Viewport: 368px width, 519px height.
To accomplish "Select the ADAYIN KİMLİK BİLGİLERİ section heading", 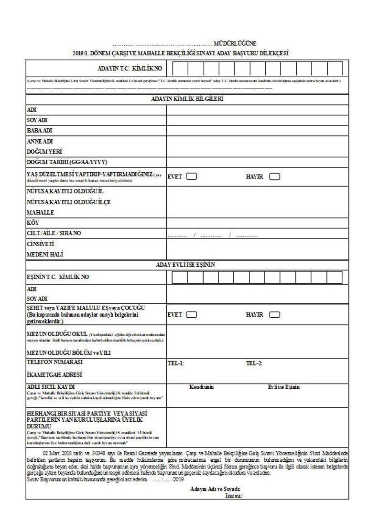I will (x=187, y=99).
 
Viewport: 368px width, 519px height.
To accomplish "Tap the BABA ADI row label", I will (x=39, y=130).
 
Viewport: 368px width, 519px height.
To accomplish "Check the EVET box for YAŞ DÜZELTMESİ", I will (x=191, y=176).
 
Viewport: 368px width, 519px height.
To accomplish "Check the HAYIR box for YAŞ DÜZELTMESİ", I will (x=275, y=176).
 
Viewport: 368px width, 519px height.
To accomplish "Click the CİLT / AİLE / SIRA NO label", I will (x=54, y=233).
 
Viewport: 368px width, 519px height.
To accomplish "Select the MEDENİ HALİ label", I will (x=45, y=254).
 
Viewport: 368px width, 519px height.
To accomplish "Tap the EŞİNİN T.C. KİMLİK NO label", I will (x=57, y=277).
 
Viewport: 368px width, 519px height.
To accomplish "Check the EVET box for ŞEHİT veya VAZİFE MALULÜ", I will (x=191, y=315).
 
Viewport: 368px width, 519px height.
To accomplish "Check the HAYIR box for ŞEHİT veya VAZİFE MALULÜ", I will (x=275, y=315).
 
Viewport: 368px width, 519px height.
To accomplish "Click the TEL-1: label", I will (x=175, y=363).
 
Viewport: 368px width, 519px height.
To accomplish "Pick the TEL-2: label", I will (x=254, y=363).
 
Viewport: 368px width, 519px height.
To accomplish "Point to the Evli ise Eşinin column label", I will (x=284, y=387).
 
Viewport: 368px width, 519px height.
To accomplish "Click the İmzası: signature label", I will (x=234, y=495).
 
